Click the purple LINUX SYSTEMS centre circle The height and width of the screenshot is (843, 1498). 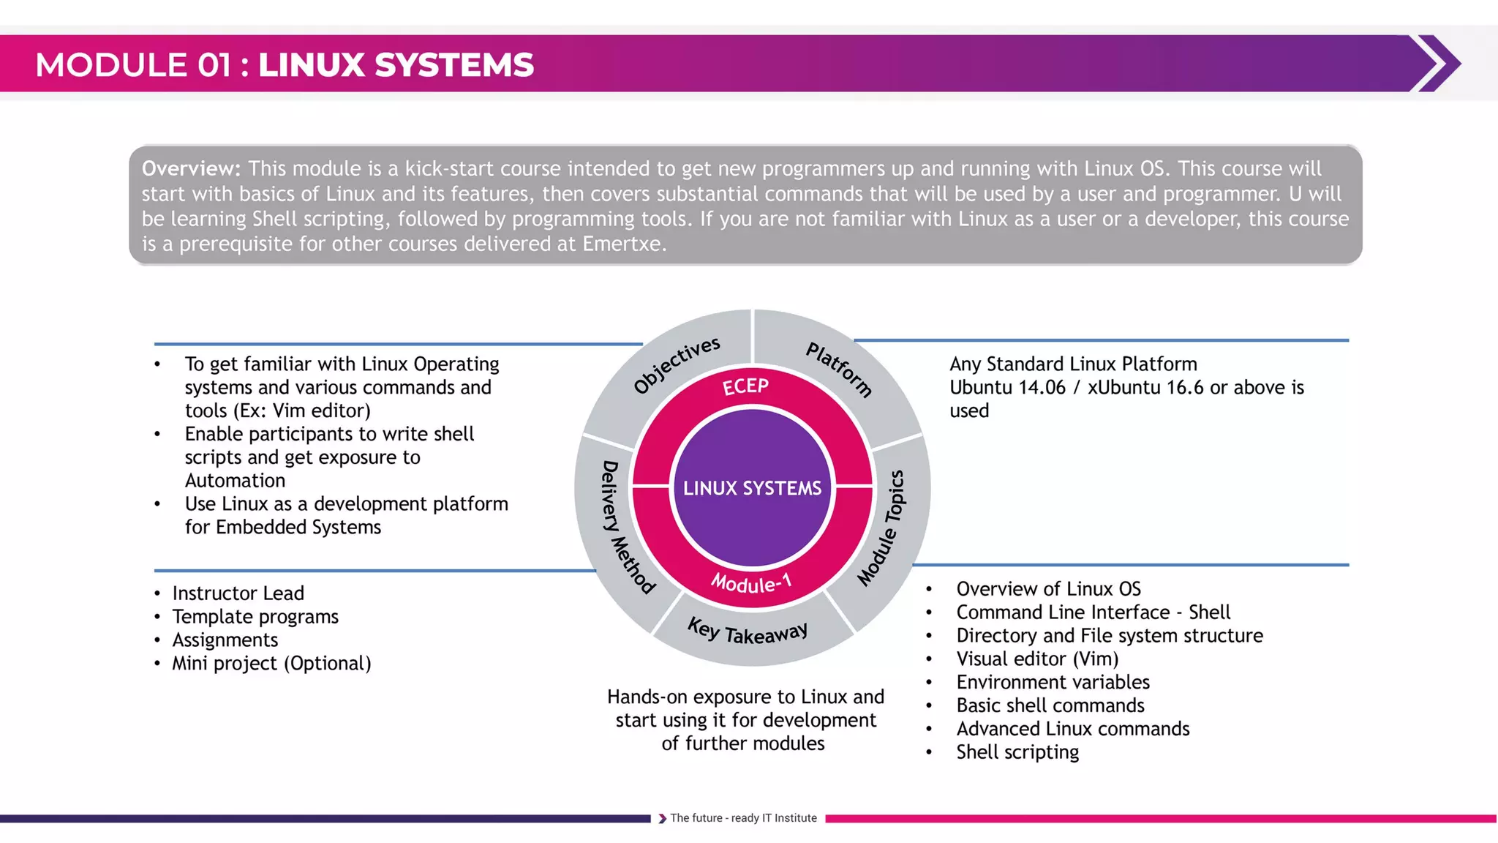[x=752, y=488]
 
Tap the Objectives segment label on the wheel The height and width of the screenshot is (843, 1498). [x=677, y=365]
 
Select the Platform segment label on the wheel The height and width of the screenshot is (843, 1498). [x=839, y=369]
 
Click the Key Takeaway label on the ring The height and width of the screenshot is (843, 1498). [x=748, y=632]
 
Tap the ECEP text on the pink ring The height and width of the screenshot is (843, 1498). [x=745, y=386]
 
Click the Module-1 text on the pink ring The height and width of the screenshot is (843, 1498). [x=751, y=583]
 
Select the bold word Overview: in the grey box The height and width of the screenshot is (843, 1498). [x=191, y=169]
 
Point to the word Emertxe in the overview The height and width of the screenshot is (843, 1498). [x=622, y=244]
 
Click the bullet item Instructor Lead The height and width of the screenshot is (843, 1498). [x=238, y=593]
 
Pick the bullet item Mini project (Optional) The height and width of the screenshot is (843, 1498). [x=271, y=664]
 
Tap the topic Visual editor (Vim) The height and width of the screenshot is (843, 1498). [x=1037, y=659]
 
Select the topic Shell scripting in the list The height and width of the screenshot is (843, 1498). [x=1017, y=752]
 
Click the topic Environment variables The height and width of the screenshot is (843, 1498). [x=1053, y=683]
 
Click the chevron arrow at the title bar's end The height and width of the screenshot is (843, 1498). [x=1437, y=64]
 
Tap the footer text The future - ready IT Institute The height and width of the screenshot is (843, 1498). [x=743, y=818]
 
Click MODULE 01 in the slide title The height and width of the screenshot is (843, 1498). [x=133, y=65]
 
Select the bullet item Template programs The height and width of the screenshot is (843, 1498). [x=255, y=617]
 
